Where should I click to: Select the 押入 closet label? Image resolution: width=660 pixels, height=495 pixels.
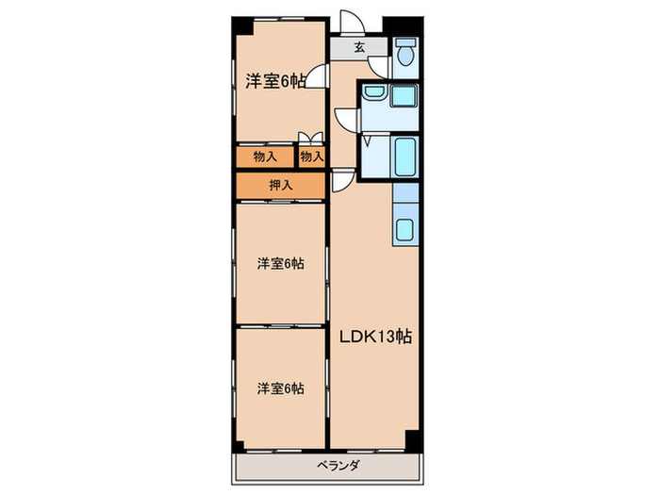click(x=280, y=185)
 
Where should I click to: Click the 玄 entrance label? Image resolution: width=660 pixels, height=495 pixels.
click(x=359, y=46)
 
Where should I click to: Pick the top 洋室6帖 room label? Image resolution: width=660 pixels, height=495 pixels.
click(x=275, y=81)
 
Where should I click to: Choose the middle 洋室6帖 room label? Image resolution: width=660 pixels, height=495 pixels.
click(x=280, y=263)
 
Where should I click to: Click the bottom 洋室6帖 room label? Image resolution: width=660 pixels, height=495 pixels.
click(x=280, y=388)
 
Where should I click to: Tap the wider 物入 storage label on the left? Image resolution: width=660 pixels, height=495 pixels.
click(x=265, y=156)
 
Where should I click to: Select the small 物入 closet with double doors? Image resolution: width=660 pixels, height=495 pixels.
click(x=312, y=155)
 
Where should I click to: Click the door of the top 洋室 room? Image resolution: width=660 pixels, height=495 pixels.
click(x=321, y=78)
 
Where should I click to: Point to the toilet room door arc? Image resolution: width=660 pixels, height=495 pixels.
click(x=378, y=66)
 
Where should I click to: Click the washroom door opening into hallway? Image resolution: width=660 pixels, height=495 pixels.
click(x=345, y=118)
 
